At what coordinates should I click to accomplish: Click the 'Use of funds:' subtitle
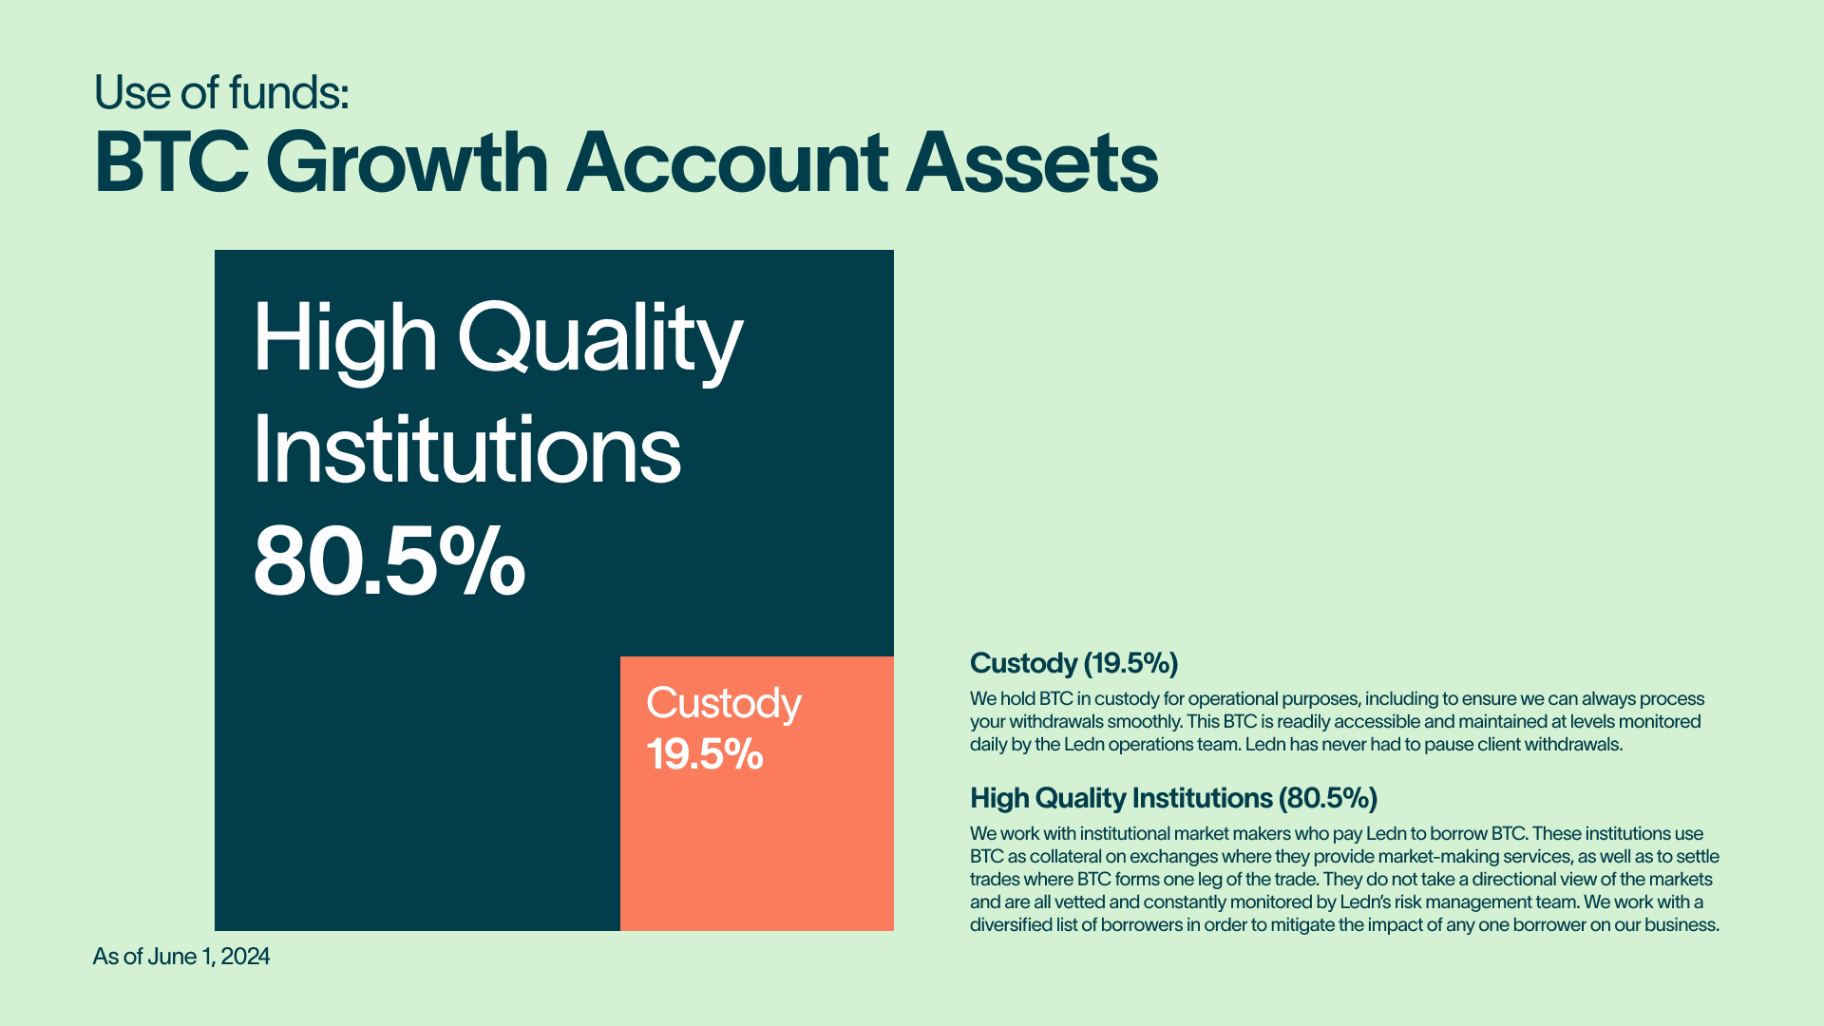click(221, 92)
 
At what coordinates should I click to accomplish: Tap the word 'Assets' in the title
click(1032, 162)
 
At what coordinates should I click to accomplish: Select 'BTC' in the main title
click(172, 162)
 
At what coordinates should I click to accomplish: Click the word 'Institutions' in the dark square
click(467, 449)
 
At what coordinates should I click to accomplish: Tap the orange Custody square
click(757, 793)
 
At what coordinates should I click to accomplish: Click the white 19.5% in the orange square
click(705, 754)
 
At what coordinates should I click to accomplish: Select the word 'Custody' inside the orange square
click(724, 705)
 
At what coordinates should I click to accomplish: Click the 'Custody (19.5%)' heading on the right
click(1073, 663)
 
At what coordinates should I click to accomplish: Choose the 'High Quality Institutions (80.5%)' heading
click(1173, 798)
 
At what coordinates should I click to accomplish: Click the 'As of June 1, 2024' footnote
click(180, 957)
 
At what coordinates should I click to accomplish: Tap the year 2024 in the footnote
click(246, 957)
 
